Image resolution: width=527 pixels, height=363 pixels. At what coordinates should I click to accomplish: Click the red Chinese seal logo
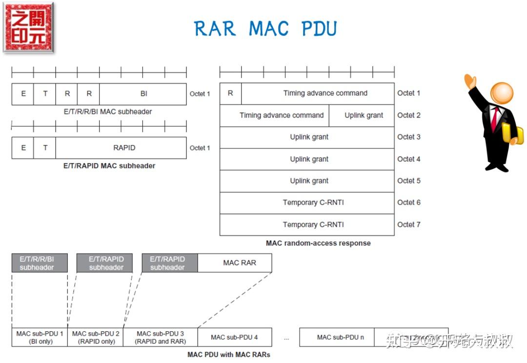point(28,27)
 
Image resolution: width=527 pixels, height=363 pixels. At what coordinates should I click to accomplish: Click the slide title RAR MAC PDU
point(265,29)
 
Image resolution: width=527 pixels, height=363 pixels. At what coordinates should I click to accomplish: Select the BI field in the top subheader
point(143,94)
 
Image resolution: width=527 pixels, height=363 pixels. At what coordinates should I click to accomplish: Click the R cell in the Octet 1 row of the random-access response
point(230,93)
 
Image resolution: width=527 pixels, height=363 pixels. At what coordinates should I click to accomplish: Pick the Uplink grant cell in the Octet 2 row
point(364,115)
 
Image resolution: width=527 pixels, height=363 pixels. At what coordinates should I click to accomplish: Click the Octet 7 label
point(408,225)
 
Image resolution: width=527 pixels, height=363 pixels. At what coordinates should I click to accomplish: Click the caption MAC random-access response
point(318,243)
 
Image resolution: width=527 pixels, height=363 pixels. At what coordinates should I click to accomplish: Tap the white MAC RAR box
point(239,263)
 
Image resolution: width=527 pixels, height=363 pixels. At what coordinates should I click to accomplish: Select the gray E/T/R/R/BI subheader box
point(40,263)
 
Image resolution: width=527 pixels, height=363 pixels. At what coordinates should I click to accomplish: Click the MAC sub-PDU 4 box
point(234,337)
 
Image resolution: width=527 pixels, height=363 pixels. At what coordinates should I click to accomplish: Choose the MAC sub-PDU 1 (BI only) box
point(40,337)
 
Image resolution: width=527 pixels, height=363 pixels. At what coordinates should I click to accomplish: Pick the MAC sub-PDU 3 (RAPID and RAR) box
point(161,337)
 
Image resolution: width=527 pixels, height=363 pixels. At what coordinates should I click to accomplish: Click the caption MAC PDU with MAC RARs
point(228,355)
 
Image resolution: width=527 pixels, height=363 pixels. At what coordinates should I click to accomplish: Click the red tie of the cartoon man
point(495,118)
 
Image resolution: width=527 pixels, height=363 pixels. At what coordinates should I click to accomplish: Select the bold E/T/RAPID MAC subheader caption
point(109,166)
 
